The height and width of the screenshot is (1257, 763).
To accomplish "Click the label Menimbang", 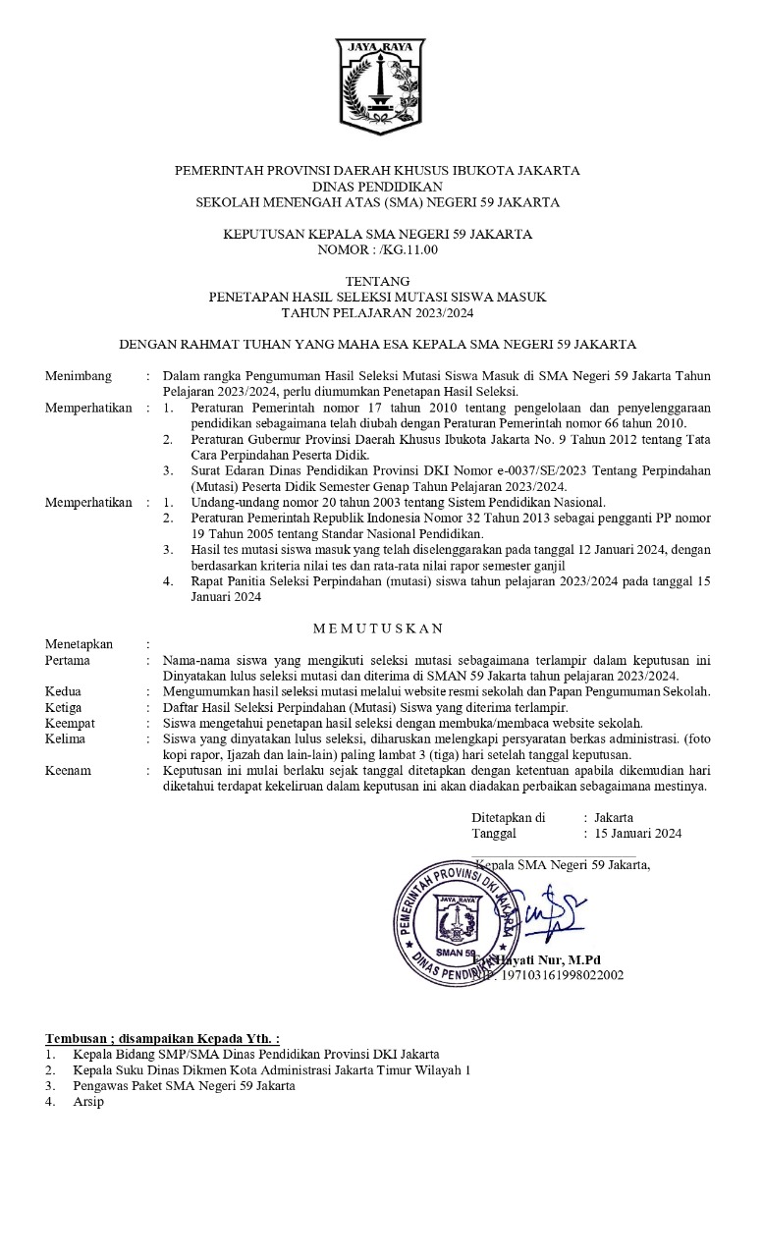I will tap(79, 376).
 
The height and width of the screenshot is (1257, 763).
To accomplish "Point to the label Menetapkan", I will tap(80, 644).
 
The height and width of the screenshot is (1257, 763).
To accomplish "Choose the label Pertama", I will tap(69, 660).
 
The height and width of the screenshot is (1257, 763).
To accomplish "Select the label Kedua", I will tap(64, 691).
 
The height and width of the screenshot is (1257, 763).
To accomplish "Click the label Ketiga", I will tap(64, 707).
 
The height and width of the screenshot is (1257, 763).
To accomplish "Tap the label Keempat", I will tap(70, 723).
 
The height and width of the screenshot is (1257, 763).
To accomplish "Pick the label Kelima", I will tap(65, 738).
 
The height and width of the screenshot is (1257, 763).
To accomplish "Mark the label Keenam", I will tap(68, 770).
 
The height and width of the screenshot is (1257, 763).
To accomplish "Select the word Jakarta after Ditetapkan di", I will tap(614, 817).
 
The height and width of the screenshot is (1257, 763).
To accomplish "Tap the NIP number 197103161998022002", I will tap(556, 974).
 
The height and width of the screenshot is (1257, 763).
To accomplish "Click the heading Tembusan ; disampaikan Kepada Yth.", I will tap(162, 1038).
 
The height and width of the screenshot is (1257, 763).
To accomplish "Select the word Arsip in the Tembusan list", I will tap(87, 1102).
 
